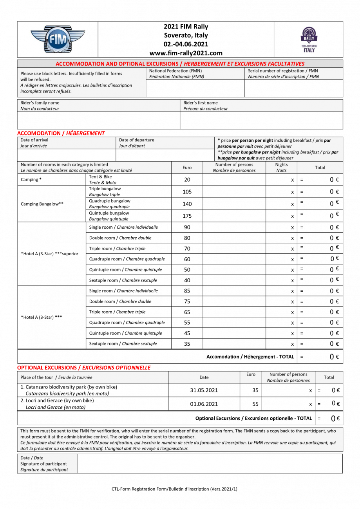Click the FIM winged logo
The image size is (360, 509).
tap(57, 39)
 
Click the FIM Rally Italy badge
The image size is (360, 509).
tap(308, 39)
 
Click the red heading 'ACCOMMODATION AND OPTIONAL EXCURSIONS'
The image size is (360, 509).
tap(117, 64)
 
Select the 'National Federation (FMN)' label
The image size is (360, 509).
tap(175, 71)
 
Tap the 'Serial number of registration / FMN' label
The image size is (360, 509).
tap(283, 71)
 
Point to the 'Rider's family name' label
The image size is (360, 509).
tap(40, 103)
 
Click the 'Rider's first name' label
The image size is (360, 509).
tap(201, 103)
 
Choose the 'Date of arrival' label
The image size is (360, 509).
tap(34, 140)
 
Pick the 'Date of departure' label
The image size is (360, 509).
tap(136, 140)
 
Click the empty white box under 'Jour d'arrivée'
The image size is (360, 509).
tap(67, 155)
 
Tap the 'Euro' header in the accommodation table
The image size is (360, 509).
tap(187, 168)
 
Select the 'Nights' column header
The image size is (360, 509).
tap(281, 165)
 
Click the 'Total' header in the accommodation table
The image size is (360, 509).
tap(320, 168)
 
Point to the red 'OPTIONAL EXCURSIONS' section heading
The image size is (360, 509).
tap(47, 368)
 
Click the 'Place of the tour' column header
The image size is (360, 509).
tap(37, 377)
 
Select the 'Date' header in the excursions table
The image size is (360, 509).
tap(204, 377)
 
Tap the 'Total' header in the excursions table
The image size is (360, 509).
tap(329, 377)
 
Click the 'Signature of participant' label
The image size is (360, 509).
tap(43, 464)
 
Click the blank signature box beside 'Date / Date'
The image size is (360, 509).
tap(210, 464)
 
